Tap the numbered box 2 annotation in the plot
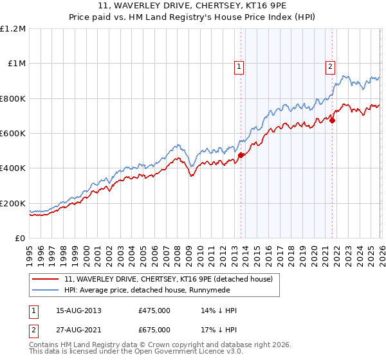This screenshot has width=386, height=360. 330,66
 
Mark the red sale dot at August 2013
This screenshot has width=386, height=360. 241,155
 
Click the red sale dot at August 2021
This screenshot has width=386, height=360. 332,120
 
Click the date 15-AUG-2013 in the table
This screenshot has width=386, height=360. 78,310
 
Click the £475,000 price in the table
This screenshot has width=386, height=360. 154,310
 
